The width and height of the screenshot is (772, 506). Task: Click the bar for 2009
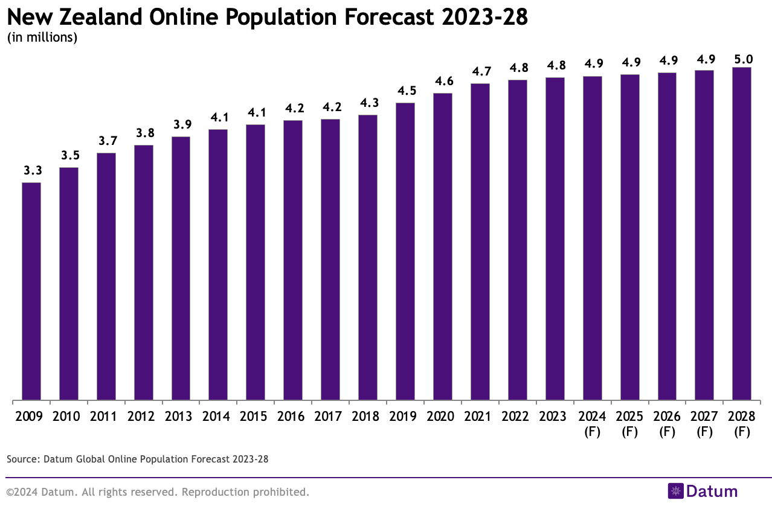point(31,291)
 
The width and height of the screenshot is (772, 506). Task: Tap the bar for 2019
point(405,251)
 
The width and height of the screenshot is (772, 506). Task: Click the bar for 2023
point(555,239)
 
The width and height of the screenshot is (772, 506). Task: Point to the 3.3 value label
point(31,171)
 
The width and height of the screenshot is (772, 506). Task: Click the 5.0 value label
point(741,59)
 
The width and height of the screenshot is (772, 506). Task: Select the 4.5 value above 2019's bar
point(405,91)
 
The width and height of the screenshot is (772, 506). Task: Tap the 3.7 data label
point(106,141)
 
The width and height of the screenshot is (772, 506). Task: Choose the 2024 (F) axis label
point(592,424)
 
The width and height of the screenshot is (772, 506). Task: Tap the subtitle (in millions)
point(42,37)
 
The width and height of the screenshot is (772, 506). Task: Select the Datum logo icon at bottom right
point(675,491)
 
